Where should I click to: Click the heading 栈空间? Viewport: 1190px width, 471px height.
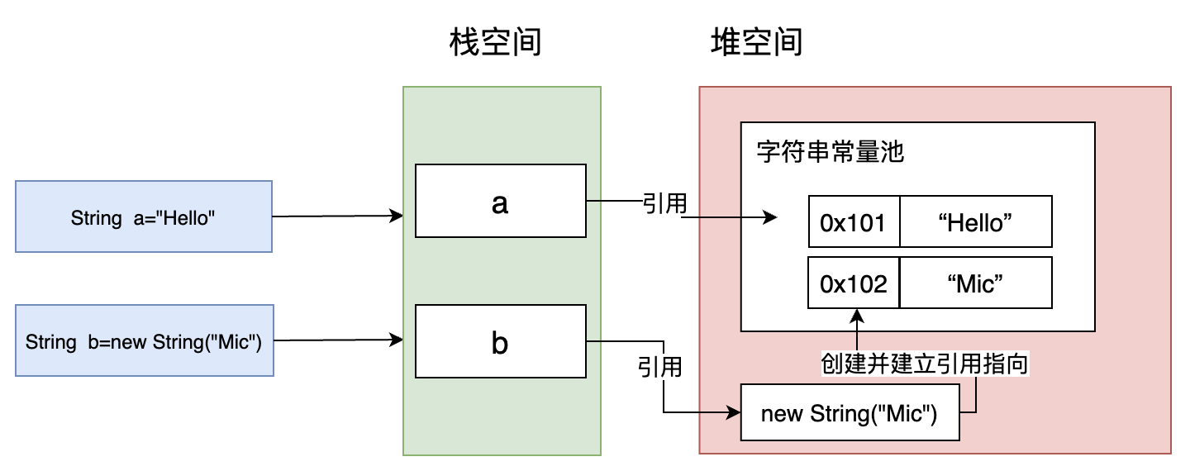(495, 42)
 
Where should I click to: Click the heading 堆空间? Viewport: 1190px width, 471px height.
(756, 42)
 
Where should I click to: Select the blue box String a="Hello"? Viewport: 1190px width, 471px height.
(144, 216)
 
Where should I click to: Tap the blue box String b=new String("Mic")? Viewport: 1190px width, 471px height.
(144, 340)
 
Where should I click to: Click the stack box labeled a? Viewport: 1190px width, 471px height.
(500, 201)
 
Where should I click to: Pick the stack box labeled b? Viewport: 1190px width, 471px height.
(500, 340)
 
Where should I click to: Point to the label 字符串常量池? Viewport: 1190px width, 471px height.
(831, 153)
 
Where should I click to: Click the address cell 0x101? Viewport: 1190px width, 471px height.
(853, 222)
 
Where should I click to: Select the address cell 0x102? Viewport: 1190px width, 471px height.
(853, 283)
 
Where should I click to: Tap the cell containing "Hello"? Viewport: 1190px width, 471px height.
(975, 222)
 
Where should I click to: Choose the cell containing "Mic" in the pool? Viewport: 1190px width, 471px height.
(975, 283)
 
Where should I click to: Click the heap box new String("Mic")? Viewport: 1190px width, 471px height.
(849, 412)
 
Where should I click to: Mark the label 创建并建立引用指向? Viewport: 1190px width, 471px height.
(924, 364)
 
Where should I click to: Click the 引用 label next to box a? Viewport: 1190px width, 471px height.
(664, 202)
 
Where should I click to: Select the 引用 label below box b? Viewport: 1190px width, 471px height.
(659, 366)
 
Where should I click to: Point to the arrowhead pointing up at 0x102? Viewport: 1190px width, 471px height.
(858, 315)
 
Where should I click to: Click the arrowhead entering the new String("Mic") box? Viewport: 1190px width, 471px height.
(734, 412)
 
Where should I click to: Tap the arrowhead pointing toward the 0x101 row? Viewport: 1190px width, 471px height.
(771, 219)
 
